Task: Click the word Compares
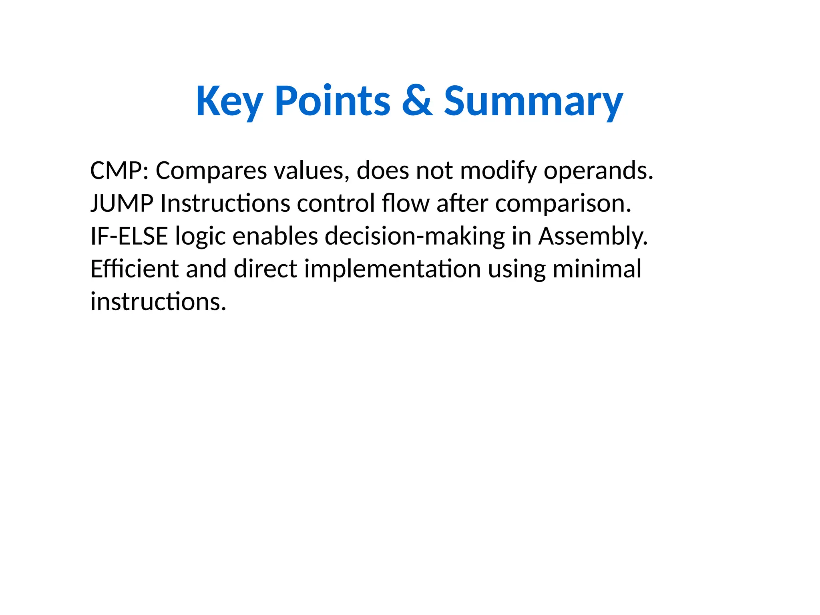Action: (211, 171)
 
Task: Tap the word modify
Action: (498, 171)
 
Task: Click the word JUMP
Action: (122, 203)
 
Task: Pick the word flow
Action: (406, 203)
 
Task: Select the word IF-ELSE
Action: (129, 236)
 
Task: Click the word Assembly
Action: (593, 237)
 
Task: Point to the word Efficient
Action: (134, 269)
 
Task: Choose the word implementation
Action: (392, 269)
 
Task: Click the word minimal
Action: (597, 269)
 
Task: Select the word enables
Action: (275, 236)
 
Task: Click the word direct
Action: (265, 269)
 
